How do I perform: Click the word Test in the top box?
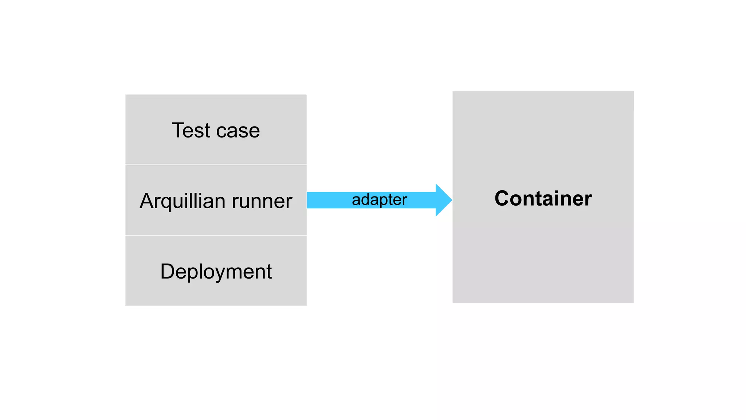tap(191, 131)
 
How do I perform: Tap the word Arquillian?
tap(182, 201)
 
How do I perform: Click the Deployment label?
tap(216, 272)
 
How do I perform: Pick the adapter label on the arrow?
tap(379, 200)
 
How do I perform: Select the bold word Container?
tap(543, 198)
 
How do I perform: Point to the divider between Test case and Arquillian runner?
tap(216, 165)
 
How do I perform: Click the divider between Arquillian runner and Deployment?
tap(216, 236)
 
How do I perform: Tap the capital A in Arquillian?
tap(148, 201)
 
